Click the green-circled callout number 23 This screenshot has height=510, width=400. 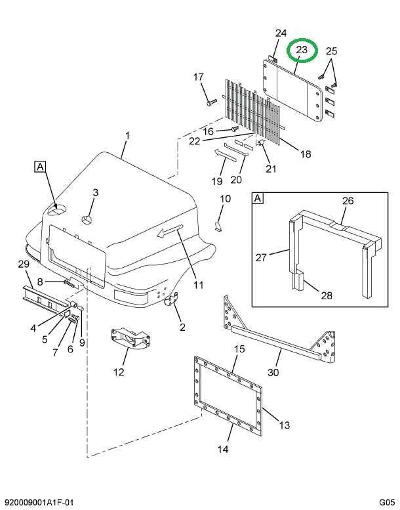coord(302,50)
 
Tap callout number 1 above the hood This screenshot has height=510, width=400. coord(127,135)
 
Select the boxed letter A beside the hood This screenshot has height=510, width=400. coord(40,167)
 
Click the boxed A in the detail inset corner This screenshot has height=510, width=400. coord(258,198)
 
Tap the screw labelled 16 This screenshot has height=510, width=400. coord(235,129)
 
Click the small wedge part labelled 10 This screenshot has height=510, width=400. coord(218,226)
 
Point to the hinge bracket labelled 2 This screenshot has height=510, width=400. coord(172,299)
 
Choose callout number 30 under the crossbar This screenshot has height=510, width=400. coord(273,372)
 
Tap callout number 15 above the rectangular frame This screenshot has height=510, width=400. coord(239,349)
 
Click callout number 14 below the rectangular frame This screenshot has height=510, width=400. coord(223,449)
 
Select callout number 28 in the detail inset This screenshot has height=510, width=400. coord(327,295)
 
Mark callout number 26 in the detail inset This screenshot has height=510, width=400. coord(348,201)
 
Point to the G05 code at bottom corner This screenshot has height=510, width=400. coord(387,502)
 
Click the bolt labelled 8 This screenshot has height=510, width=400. coord(71,284)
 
